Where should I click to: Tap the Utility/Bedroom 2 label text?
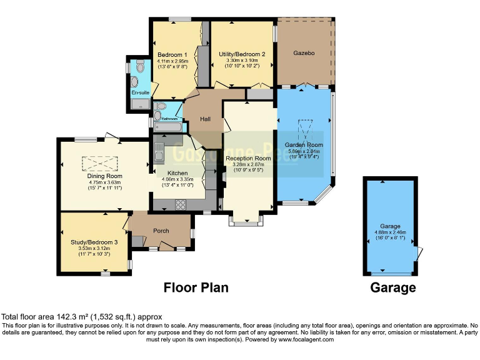click(242, 54)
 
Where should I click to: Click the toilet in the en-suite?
click(139, 67)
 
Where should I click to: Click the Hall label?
click(205, 119)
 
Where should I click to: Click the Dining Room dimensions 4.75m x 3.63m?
click(105, 182)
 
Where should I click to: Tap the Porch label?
click(161, 231)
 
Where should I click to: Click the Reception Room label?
click(248, 159)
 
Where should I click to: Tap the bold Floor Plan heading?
click(196, 287)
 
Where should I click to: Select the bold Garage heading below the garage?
click(392, 287)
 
